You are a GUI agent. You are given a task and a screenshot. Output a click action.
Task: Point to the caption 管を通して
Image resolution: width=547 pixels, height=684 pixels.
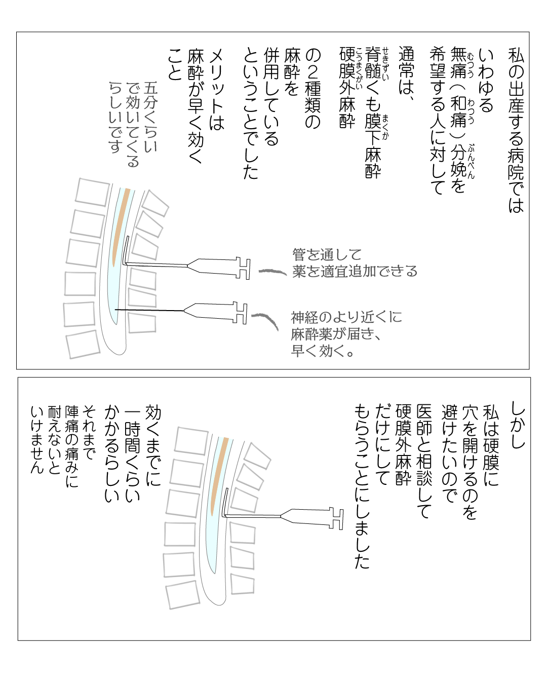point(327,254)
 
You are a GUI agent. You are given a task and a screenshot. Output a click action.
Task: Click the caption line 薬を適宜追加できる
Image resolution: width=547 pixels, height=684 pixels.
point(355,272)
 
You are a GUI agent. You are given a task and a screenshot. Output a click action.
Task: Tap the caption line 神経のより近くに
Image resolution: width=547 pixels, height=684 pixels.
point(346,318)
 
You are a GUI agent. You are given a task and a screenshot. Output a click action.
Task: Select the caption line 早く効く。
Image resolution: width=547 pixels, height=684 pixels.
point(323,351)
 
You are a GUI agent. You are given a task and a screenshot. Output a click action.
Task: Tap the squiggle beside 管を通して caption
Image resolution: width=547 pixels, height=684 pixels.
point(272,272)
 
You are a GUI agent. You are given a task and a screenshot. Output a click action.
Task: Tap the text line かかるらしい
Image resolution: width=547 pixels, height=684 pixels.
point(112,453)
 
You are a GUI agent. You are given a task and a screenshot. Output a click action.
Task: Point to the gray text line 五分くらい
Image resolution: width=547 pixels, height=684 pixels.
point(151,117)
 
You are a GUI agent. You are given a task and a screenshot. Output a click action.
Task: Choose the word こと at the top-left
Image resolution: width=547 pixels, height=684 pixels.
point(175,65)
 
